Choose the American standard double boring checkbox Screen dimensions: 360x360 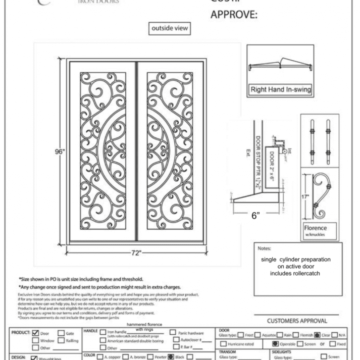click(104, 341)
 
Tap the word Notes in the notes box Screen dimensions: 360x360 click(265, 248)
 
